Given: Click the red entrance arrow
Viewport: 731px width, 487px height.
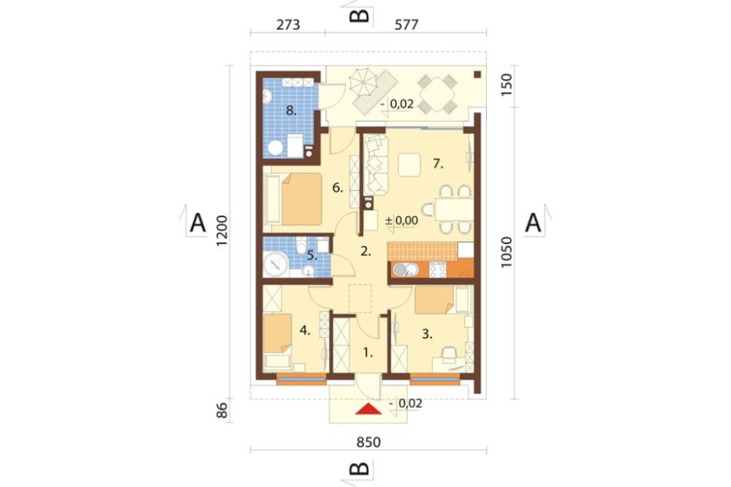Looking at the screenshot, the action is click(368, 409).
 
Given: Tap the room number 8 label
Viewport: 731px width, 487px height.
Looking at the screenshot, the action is click(291, 110).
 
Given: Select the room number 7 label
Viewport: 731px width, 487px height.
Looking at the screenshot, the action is click(438, 164).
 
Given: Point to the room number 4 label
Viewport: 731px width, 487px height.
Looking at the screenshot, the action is click(305, 331).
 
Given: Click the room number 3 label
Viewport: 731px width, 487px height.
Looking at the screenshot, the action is click(427, 334).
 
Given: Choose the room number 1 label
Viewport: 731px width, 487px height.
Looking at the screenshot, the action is click(368, 352).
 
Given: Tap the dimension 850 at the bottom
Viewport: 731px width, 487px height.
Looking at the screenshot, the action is click(368, 442).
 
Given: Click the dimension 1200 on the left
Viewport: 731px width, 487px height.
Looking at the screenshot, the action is click(222, 231).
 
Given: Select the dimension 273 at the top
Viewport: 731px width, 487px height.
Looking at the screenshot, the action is click(288, 25).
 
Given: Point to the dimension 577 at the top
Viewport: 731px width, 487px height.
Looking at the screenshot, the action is click(406, 25).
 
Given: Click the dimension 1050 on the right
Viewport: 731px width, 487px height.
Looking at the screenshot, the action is click(507, 252).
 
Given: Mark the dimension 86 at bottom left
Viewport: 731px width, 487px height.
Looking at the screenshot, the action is click(222, 410).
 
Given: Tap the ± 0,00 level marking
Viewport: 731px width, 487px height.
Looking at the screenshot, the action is click(401, 221).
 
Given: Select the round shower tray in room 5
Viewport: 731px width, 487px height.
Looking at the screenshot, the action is click(276, 265).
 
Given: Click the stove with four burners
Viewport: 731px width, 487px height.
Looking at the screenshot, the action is click(437, 270).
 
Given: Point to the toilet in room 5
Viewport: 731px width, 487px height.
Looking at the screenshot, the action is click(301, 243).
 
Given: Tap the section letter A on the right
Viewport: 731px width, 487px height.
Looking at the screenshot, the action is click(533, 223).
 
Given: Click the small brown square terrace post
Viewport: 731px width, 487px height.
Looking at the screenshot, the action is click(477, 74).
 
